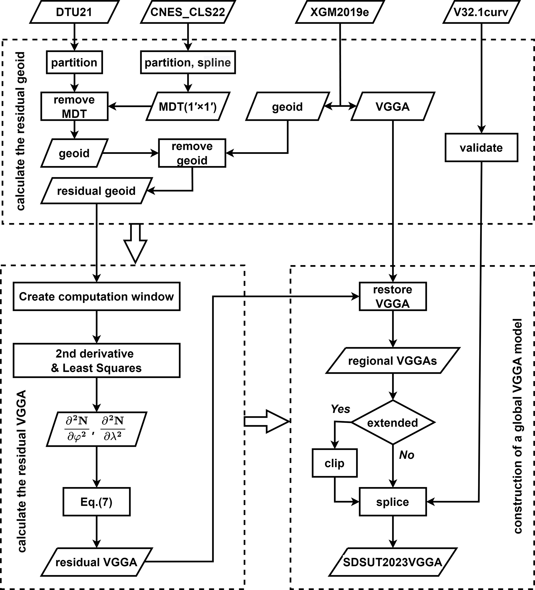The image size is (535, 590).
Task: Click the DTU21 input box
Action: [74, 12]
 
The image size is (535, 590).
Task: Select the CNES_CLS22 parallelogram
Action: [188, 12]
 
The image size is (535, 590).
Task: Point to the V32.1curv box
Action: [481, 12]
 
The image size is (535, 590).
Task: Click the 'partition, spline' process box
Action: [188, 62]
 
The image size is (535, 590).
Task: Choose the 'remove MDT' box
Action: [74, 106]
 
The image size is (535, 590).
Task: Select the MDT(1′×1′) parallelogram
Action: [188, 107]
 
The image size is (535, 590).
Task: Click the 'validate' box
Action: [481, 147]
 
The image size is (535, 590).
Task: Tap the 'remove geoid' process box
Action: [192, 153]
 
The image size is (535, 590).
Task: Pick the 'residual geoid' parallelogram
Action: [96, 191]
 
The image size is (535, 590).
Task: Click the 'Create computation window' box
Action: [96, 296]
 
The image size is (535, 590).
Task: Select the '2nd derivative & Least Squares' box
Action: [96, 361]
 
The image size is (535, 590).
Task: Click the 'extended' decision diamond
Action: [393, 423]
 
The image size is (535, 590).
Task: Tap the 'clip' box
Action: [334, 463]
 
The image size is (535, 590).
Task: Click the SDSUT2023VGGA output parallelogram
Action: [393, 562]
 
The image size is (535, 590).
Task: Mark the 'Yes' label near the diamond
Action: [340, 409]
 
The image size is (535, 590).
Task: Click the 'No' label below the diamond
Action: [406, 455]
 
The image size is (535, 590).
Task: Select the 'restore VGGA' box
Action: [393, 296]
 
